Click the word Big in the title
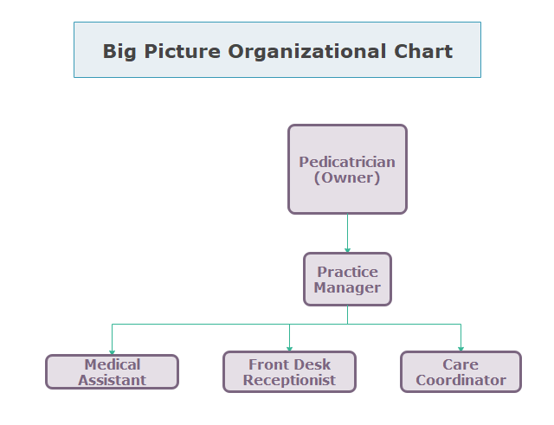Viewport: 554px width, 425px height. tap(119, 52)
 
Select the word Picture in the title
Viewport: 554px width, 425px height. tap(183, 52)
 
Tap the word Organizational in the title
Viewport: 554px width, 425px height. tap(307, 52)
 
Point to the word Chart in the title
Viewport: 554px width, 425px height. tap(423, 52)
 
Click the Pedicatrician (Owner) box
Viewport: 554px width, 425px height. tap(347, 170)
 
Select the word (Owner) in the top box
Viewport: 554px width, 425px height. tap(347, 177)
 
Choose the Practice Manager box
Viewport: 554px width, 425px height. tap(347, 279)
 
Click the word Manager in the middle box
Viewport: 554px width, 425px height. tap(347, 287)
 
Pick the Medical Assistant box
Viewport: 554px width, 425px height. tap(112, 371)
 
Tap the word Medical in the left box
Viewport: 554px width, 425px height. tap(113, 364)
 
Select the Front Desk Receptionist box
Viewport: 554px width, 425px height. tap(289, 371)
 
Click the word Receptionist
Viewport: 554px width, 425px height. tap(289, 380)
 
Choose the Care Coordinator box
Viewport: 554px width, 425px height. tap(461, 371)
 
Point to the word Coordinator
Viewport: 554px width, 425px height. tap(461, 380)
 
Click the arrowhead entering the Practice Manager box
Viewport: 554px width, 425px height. tap(347, 250)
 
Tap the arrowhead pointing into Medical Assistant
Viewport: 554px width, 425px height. tap(112, 352)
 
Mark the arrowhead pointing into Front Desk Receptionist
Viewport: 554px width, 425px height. tap(289, 349)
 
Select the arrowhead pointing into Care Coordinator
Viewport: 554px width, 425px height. tap(461, 349)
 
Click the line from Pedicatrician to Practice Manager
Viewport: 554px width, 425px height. tap(347, 233)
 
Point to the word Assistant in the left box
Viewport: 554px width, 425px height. tap(112, 380)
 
